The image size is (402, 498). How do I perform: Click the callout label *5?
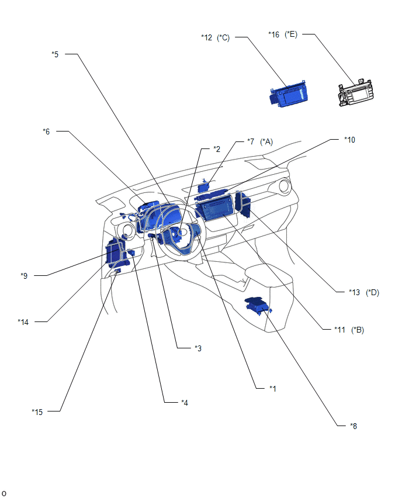pos(56,54)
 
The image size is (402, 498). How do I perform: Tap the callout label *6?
pos(46,132)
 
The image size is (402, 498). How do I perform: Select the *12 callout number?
pos(206,37)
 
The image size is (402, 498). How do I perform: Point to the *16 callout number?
pos(273,34)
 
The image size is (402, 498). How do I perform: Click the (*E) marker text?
pos(291,34)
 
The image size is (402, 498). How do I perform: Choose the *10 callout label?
pos(349,140)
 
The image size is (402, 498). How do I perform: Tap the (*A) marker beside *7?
pos(266,141)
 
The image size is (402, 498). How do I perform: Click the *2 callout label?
pos(217,149)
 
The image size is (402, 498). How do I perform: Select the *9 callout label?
pos(24,276)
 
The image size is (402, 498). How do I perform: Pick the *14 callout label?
pos(23,322)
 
